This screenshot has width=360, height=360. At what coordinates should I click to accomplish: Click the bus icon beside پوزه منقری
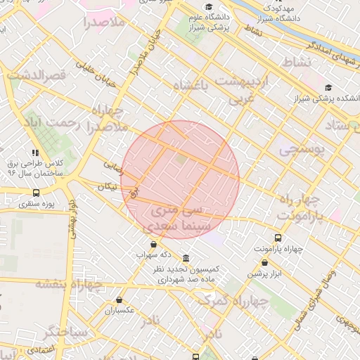pos(36,193)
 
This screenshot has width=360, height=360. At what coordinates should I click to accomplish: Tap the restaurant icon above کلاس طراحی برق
pos(35,152)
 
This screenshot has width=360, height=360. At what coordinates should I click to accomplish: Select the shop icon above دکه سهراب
pos(153,243)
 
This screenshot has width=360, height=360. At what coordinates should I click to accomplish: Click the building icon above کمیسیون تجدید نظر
pos(185,258)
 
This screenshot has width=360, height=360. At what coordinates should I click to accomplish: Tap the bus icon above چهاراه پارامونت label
pos(278,238)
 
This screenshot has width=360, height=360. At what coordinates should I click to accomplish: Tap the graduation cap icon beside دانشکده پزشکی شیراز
pos(329,88)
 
